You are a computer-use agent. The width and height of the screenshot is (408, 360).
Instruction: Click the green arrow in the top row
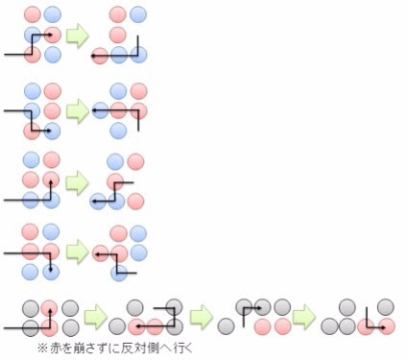tap(79, 36)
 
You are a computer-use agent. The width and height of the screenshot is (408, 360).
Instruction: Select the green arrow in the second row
tap(79, 110)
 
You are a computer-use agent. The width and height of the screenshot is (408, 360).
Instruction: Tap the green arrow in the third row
tap(79, 181)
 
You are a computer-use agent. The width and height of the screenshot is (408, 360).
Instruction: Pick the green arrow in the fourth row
tap(79, 252)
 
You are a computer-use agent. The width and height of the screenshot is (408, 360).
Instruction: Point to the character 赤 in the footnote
tap(54, 347)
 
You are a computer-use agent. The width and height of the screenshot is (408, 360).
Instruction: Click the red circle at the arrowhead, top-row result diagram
tap(99, 56)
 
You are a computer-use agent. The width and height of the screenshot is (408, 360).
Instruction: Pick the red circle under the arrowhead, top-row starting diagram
tap(53, 35)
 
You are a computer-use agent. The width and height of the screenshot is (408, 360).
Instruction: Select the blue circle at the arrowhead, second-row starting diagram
tap(53, 130)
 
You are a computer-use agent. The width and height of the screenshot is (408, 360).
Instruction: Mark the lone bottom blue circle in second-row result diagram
tap(118, 130)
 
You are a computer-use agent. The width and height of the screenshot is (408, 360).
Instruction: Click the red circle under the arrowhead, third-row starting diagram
tap(53, 179)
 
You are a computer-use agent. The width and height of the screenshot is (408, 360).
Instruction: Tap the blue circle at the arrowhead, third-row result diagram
tap(97, 202)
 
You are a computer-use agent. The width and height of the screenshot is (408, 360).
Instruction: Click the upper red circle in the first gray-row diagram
tap(48, 307)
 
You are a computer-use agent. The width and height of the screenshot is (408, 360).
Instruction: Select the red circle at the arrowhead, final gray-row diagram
tap(386, 327)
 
